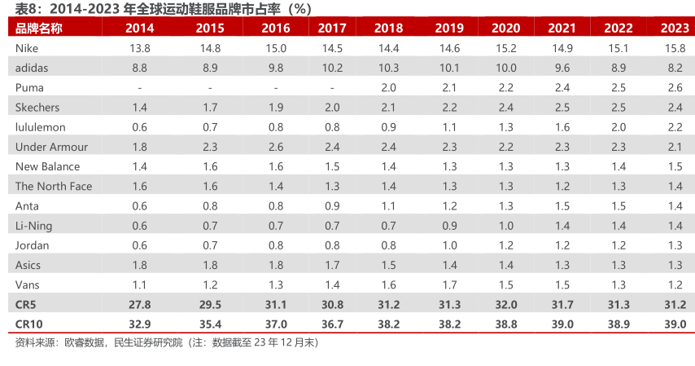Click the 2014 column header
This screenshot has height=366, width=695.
140,29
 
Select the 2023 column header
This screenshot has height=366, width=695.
675,29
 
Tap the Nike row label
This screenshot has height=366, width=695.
27,48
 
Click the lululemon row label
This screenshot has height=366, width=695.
40,127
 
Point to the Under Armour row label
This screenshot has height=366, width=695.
51,147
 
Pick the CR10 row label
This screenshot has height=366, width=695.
30,324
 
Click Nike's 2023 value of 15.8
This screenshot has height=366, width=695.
675,48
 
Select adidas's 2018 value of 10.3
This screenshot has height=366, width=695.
388,68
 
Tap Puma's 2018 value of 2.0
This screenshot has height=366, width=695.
388,87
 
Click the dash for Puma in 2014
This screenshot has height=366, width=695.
140,87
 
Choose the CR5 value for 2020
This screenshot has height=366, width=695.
506,304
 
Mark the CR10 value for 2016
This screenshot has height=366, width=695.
276,324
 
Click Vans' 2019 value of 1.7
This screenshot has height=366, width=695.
449,284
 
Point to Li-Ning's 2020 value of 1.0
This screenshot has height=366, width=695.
506,226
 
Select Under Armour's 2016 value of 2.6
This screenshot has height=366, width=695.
276,147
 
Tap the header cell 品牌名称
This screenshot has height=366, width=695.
38,29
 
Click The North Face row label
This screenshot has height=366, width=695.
54,186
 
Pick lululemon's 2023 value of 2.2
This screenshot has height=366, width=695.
675,127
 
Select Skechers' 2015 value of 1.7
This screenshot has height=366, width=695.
210,108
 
